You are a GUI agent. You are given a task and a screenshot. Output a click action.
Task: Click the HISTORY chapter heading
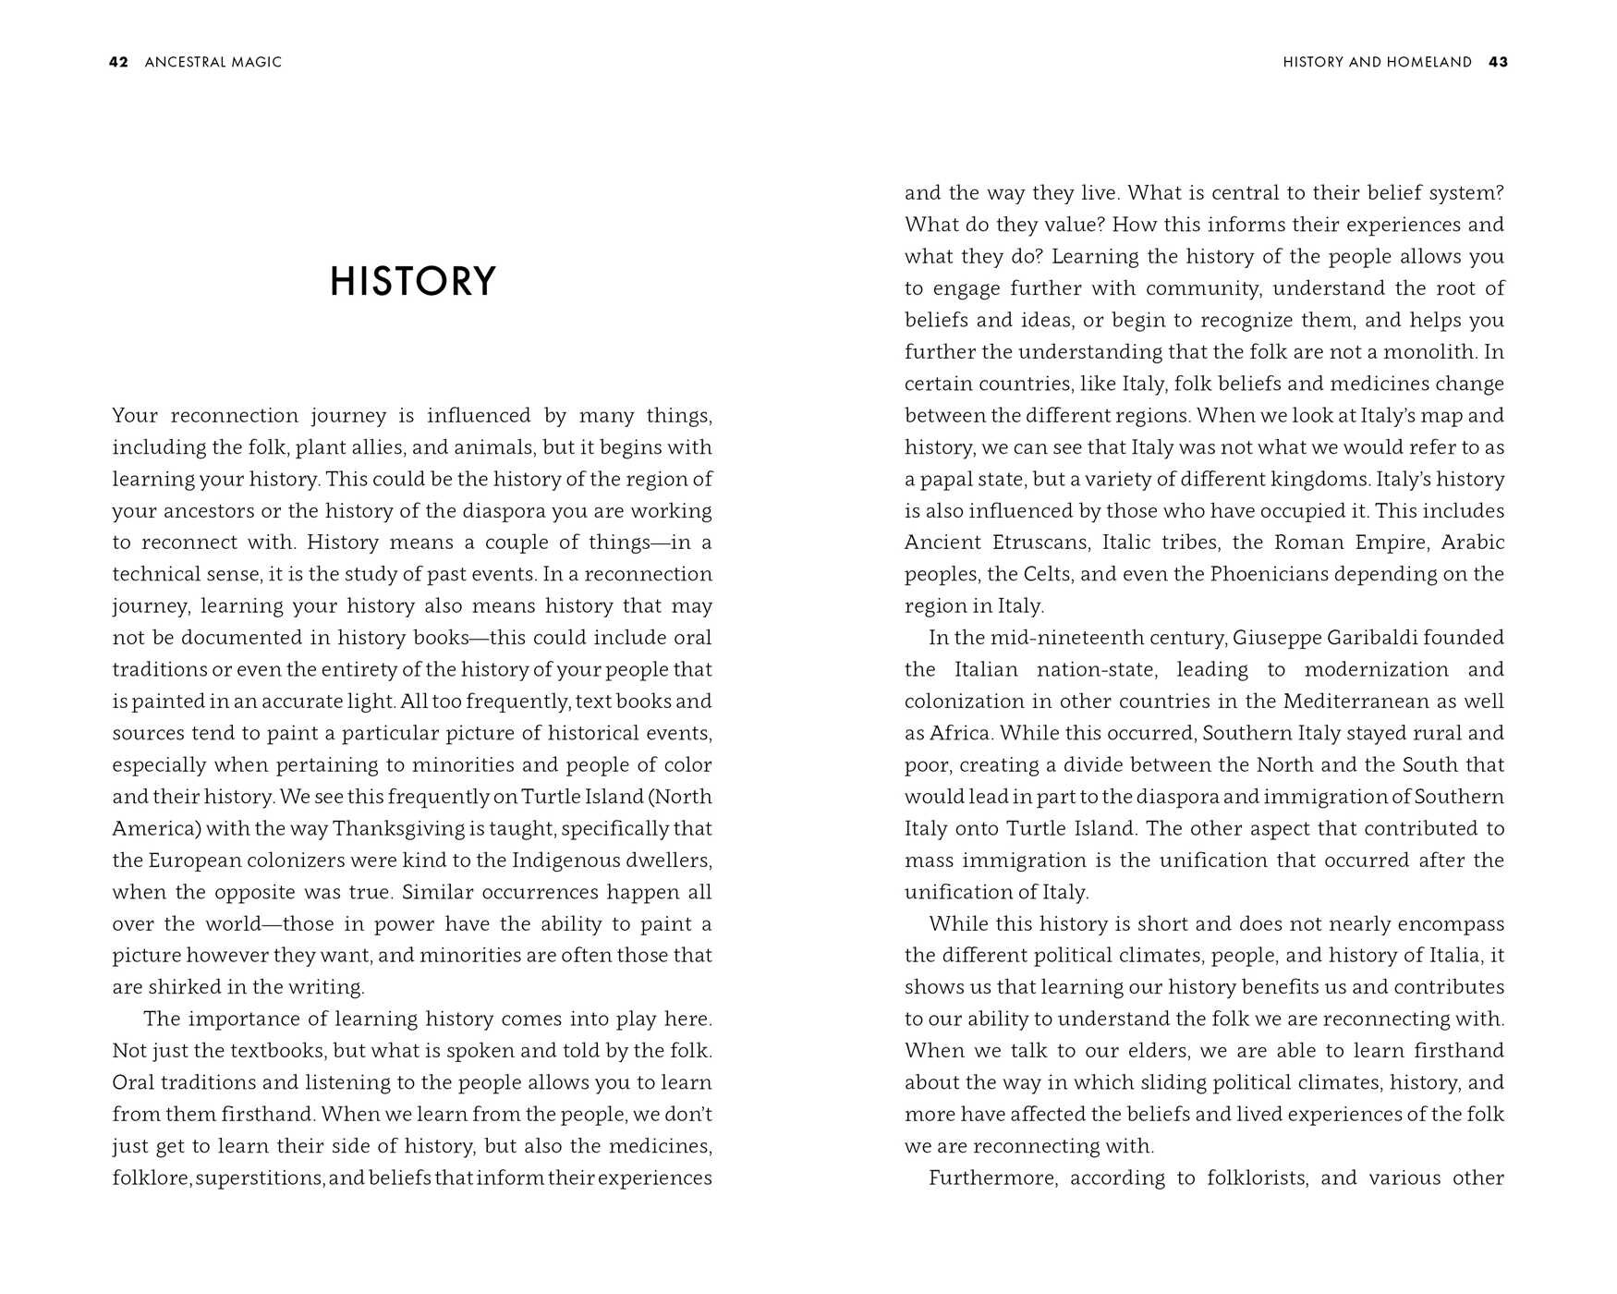[413, 282]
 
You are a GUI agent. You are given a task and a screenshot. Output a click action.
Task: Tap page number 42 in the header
[118, 62]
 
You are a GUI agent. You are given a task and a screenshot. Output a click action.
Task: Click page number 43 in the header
[1498, 62]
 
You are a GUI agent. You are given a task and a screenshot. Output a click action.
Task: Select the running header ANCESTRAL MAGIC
[213, 62]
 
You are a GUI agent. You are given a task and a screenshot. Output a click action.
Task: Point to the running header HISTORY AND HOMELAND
[1377, 62]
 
